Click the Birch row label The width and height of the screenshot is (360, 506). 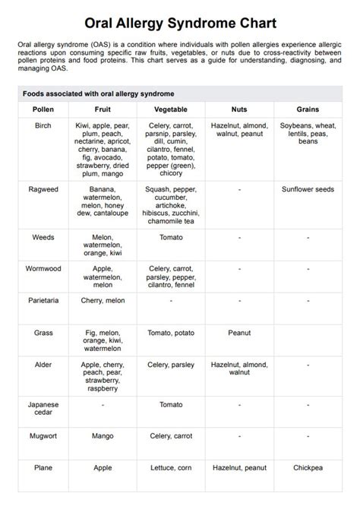(43, 125)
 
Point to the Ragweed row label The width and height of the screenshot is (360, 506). (43, 188)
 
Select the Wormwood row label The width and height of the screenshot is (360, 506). (43, 269)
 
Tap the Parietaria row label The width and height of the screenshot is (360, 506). (43, 300)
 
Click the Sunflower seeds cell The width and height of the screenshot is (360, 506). (308, 188)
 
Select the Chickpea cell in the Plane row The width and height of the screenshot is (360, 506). (308, 469)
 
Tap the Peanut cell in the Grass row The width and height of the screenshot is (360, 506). (239, 333)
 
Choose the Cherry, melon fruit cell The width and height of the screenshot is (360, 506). (103, 300)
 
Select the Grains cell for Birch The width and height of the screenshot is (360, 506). (308, 133)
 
